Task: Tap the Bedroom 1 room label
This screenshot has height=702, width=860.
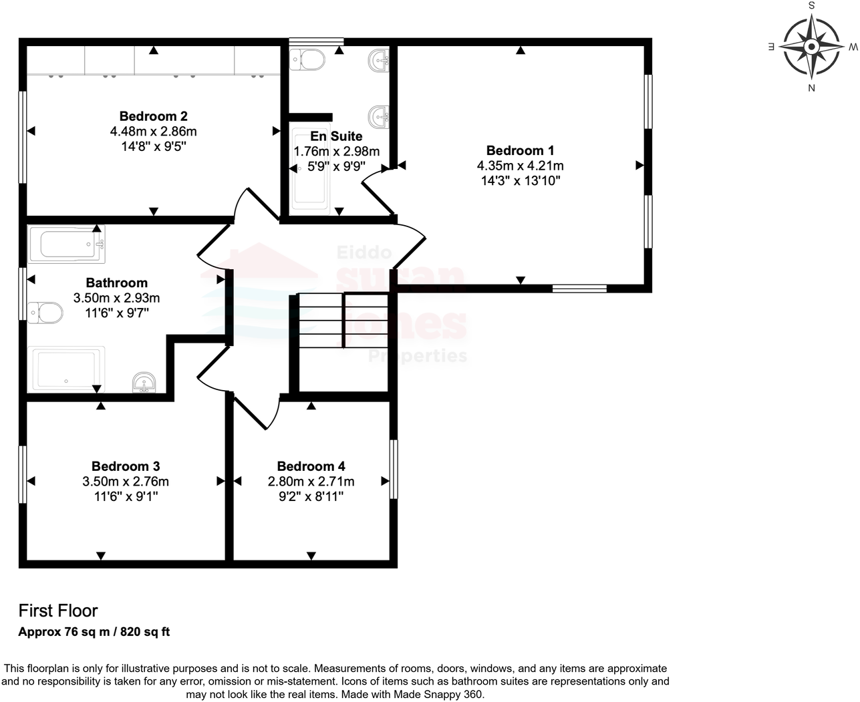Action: pos(520,151)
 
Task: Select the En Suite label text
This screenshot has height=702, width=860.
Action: pos(336,137)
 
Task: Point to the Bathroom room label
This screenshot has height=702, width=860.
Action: pos(116,283)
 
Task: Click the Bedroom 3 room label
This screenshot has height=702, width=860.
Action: pos(126,466)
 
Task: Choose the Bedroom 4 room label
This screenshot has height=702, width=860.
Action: pos(311,466)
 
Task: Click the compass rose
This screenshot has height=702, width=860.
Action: pos(811,47)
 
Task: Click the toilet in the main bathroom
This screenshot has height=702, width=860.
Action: pos(45,312)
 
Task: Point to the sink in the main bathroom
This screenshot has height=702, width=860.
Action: pos(144,383)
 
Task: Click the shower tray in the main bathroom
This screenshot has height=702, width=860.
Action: pos(66,369)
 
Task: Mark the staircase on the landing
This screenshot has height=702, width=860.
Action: pos(343,321)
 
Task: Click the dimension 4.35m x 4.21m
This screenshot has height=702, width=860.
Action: pos(520,166)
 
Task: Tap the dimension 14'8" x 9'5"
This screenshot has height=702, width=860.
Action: pos(153,146)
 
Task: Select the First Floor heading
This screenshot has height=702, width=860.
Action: pos(58,610)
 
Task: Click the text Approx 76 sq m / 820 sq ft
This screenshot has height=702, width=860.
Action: pos(94,632)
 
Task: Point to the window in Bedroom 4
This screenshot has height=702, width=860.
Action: pos(394,469)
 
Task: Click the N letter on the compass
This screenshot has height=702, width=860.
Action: pos(811,87)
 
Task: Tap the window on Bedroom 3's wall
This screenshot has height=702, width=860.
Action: pos(22,474)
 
